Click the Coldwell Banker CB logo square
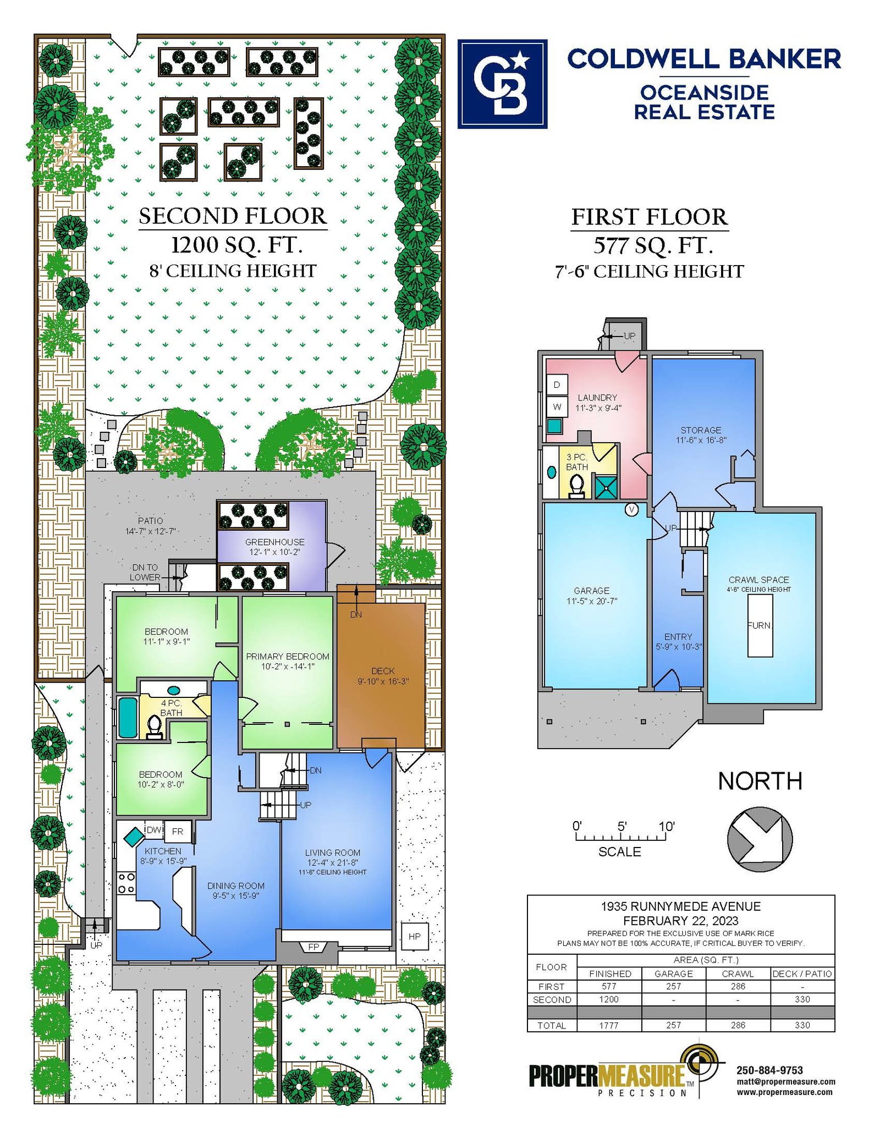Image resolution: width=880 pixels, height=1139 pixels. coord(502,84)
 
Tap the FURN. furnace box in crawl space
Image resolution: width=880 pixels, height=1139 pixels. coord(760,625)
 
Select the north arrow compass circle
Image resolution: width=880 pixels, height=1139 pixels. coord(760,839)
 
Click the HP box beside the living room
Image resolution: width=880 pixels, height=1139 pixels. coord(415,936)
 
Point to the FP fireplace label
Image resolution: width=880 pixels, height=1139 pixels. coord(313,947)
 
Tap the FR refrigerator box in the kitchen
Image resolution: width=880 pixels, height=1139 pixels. coord(178,831)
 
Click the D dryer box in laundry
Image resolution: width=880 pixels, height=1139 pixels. coord(557,385)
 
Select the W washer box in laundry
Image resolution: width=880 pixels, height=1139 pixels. coord(557,407)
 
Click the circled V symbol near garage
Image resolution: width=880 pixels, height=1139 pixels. coord(632,510)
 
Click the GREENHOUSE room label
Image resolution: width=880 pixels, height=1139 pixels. coord(274,542)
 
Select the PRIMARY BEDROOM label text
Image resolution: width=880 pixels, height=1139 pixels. coord(288,656)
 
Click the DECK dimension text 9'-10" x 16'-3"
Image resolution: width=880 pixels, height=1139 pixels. coord(383,681)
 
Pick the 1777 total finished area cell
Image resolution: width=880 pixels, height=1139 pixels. coord(609,1025)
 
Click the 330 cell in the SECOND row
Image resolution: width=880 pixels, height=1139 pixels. coord(802,999)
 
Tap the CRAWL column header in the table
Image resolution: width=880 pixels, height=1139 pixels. coord(738,973)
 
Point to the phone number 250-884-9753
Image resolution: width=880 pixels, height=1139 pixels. coord(769,1070)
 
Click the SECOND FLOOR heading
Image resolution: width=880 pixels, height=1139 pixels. coord(233,216)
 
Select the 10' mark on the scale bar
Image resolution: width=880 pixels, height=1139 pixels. coord(667,827)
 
